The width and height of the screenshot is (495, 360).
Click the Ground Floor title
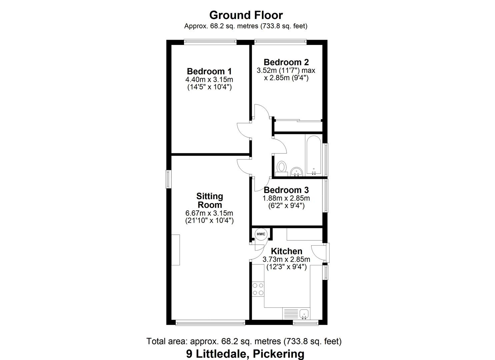(x=246, y=15)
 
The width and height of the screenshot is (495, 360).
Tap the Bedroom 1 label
(x=209, y=71)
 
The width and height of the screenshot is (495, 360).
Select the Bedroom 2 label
(x=286, y=62)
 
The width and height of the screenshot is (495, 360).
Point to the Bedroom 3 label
(x=286, y=190)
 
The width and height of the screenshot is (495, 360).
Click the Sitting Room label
(x=209, y=200)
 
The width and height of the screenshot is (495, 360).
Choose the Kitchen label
(x=286, y=251)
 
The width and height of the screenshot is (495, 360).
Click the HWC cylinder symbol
(x=261, y=234)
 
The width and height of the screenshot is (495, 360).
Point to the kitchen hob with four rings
(x=258, y=289)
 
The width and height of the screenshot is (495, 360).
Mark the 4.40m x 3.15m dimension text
(x=209, y=80)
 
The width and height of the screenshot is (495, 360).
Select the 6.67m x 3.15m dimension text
(x=209, y=213)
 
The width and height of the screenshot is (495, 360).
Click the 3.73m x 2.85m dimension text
(x=286, y=259)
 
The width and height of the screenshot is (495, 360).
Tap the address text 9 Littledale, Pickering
(x=245, y=353)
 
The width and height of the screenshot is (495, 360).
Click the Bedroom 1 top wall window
(x=210, y=42)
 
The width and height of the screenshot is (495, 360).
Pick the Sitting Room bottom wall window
(x=210, y=322)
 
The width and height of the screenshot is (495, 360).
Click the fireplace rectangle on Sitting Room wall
(x=176, y=250)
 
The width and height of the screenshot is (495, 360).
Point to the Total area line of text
(x=244, y=341)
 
